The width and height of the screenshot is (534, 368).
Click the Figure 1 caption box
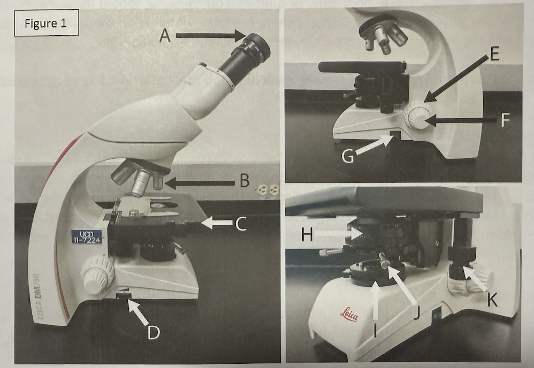coord(47,23)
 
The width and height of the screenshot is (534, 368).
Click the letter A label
coord(165,35)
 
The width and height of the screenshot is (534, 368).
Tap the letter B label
coord(245,181)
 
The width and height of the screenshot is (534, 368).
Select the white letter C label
coord(241,224)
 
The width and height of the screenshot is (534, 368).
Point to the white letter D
coord(154,332)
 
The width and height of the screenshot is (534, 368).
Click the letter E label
coord(494,53)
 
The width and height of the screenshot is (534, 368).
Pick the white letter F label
coord(506,120)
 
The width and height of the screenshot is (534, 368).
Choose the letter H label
coord(307,235)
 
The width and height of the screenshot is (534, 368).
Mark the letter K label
coord(492,300)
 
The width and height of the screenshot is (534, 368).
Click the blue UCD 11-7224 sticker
coord(87,236)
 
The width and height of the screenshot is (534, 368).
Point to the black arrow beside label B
coord(200,183)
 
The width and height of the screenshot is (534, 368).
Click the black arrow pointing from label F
coord(460,120)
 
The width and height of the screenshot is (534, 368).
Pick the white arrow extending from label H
coord(338,234)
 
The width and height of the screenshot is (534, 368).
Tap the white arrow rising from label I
coord(375,300)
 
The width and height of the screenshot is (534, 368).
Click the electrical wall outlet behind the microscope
coord(268,190)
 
